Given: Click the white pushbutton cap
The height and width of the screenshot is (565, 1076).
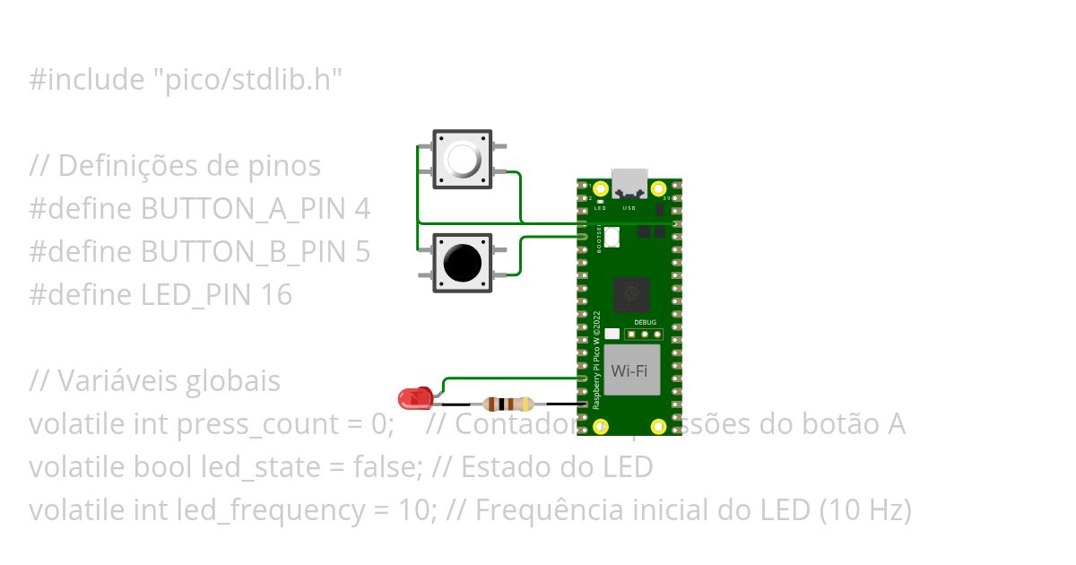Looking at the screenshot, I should pos(463,160).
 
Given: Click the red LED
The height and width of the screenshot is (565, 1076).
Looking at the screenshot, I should pos(415,397).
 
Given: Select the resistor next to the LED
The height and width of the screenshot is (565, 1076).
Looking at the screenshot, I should pos(508,404).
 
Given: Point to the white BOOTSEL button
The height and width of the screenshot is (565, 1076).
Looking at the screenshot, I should pos(612,237).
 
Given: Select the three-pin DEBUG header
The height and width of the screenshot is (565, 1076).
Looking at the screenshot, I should pos(644,335).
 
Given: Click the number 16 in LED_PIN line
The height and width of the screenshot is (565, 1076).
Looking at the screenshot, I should pos(277,295).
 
